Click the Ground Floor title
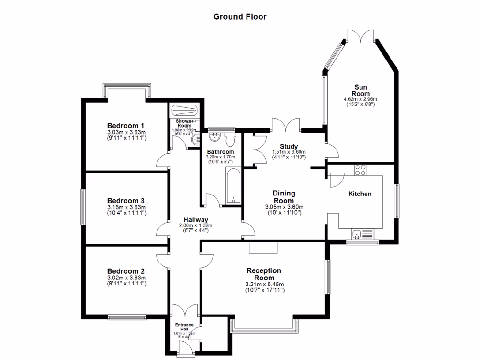tap(240, 17)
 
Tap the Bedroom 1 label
tap(126, 126)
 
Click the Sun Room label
tap(360, 90)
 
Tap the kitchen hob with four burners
tap(360, 170)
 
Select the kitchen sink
tap(358, 233)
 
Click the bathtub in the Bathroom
tap(233, 187)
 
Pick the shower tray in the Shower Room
tap(186, 111)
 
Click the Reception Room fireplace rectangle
tap(263, 247)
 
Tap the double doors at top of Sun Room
tap(361, 36)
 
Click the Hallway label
tap(195, 219)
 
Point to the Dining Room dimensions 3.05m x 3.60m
tap(284, 207)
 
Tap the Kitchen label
tap(360, 194)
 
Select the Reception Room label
tap(264, 274)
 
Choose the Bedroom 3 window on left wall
tap(82, 206)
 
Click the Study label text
tap(289, 146)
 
